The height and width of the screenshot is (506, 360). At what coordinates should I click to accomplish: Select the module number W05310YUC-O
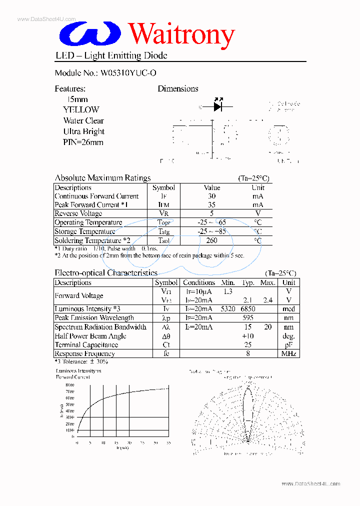coord(128,72)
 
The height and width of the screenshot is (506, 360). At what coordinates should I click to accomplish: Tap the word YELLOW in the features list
coord(81,109)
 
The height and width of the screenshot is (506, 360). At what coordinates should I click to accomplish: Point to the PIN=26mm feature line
coord(83,142)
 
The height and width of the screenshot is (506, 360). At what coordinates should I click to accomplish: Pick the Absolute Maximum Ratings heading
coord(102,178)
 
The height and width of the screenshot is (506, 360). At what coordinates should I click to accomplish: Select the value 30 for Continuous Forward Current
coord(212,196)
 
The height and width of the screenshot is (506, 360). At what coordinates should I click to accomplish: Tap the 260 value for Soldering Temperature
coord(212,240)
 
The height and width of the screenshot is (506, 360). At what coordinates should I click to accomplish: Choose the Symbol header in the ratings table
coord(163,187)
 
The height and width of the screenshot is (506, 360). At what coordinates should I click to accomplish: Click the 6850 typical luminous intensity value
coord(247,309)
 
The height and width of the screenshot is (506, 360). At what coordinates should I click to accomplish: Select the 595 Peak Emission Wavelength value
coord(247,318)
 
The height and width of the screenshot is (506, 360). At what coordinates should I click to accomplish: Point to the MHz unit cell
coord(288,354)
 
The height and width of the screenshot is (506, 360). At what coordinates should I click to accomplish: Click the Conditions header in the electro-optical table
coord(198,282)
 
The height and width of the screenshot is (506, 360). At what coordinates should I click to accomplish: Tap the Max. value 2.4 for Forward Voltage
coord(268,300)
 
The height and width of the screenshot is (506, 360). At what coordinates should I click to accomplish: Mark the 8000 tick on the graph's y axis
coord(69,384)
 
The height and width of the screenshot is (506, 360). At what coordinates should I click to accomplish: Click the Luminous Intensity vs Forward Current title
coord(78,374)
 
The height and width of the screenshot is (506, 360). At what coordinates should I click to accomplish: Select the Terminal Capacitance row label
coord(86,345)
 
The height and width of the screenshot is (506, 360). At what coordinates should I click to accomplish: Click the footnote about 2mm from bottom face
coord(149,255)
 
